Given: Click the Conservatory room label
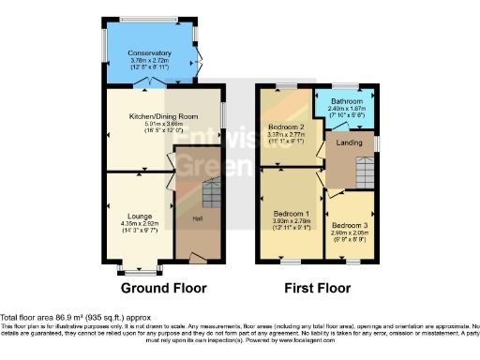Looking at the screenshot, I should coord(150,53).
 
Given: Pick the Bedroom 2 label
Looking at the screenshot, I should coord(288,126).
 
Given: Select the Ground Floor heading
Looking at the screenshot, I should coord(165,288).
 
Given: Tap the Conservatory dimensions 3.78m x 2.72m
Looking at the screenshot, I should coord(150,62).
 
